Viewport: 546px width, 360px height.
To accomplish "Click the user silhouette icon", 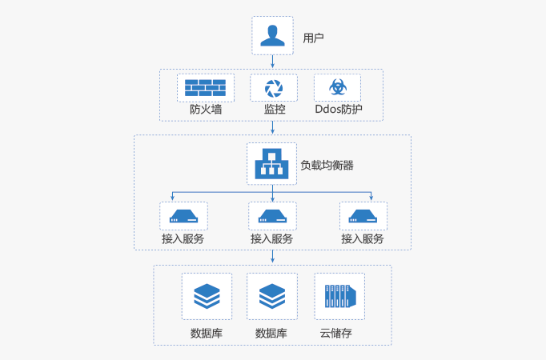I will [272, 36].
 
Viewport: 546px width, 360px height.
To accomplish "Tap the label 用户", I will [313, 38].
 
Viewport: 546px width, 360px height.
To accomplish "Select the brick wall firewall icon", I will [205, 87].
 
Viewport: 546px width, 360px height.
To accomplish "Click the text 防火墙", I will [206, 109].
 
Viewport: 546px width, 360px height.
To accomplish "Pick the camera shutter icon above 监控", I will [274, 87].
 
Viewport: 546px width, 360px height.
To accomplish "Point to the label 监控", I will [275, 109].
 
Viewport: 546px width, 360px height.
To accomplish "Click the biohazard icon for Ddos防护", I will [337, 87].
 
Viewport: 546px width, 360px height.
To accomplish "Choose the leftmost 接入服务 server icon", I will [183, 215].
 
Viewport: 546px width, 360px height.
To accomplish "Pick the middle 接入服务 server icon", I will [272, 215].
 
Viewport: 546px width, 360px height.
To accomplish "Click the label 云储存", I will [335, 333].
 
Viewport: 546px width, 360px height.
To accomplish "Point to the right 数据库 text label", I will [271, 333].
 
